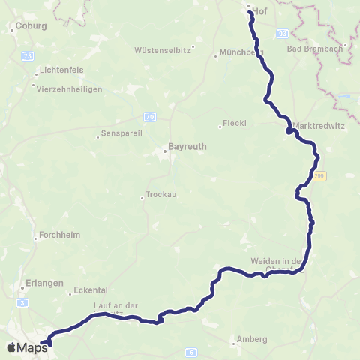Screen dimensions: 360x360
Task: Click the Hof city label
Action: click(x=260, y=11)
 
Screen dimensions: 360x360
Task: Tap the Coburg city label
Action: click(x=34, y=25)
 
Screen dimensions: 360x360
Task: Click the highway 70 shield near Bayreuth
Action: click(x=151, y=116)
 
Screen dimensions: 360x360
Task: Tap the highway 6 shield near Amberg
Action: click(x=191, y=352)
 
